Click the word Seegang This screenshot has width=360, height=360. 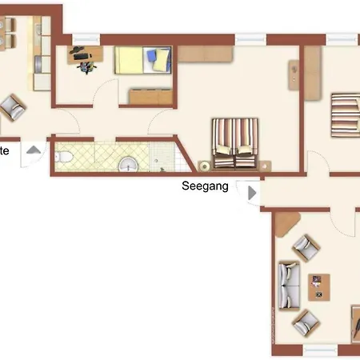tap(206, 186)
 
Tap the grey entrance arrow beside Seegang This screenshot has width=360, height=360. tap(252, 193)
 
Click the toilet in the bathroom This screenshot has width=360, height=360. tap(64, 158)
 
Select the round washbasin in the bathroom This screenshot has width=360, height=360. tap(127, 164)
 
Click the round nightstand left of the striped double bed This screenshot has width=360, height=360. tap(205, 166)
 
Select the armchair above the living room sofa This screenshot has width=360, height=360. tap(305, 247)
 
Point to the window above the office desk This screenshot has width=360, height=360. tap(85, 37)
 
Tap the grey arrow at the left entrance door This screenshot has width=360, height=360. tap(34, 150)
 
